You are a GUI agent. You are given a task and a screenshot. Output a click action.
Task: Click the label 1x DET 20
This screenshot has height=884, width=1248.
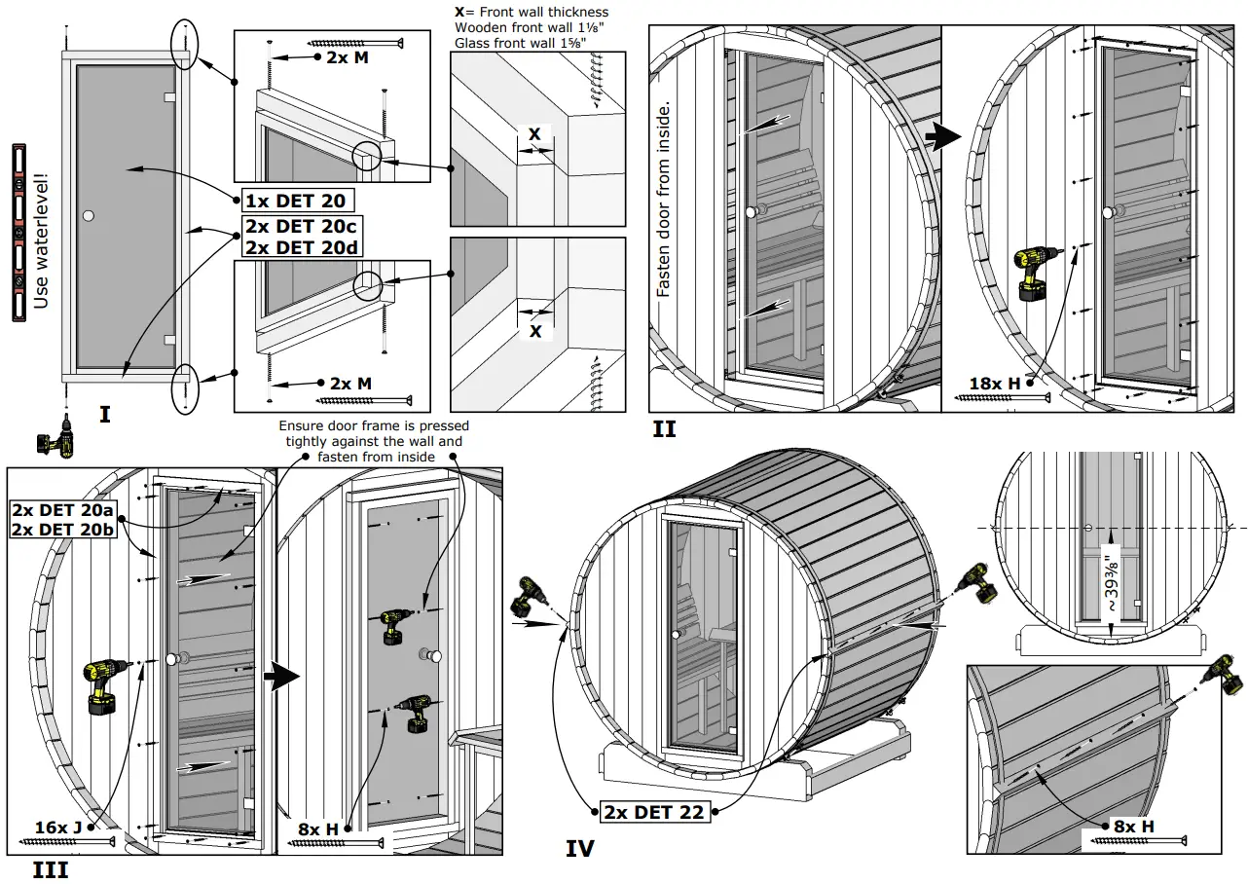pyautogui.click(x=294, y=201)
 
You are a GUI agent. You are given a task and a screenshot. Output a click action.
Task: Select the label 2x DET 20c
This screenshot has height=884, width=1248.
pyautogui.click(x=301, y=227)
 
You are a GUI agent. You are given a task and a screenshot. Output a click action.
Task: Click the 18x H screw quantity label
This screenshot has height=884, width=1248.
pyautogui.click(x=994, y=384)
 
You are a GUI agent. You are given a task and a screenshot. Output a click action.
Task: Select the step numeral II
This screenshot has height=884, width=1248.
pyautogui.click(x=663, y=428)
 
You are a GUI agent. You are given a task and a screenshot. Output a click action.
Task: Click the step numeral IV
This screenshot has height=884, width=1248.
pyautogui.click(x=579, y=849)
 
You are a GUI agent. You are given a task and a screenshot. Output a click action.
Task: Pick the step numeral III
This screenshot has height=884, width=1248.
pyautogui.click(x=50, y=869)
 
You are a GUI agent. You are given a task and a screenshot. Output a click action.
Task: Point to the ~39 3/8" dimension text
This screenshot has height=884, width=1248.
pyautogui.click(x=1111, y=582)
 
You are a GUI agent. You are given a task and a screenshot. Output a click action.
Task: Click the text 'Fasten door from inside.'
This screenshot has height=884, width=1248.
pyautogui.click(x=664, y=199)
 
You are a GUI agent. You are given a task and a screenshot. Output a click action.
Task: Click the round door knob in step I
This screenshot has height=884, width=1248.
pyautogui.click(x=90, y=214)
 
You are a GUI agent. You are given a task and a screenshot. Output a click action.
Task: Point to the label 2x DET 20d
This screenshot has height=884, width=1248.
pyautogui.click(x=301, y=247)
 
